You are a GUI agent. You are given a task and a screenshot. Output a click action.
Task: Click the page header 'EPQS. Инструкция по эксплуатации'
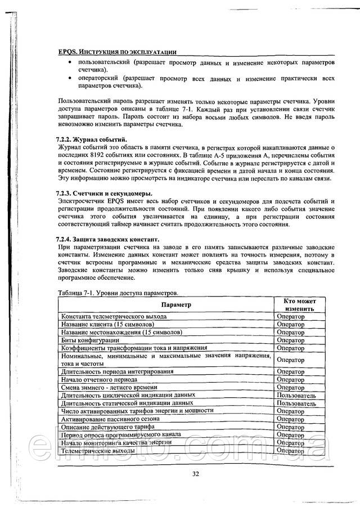(118, 51)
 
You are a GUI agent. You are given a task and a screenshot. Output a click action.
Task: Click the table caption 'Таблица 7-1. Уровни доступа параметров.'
(118, 294)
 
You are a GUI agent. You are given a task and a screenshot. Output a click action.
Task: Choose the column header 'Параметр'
(176, 304)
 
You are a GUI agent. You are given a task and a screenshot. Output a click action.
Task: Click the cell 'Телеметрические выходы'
(98, 451)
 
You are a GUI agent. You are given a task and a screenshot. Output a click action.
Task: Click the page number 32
(195, 474)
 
